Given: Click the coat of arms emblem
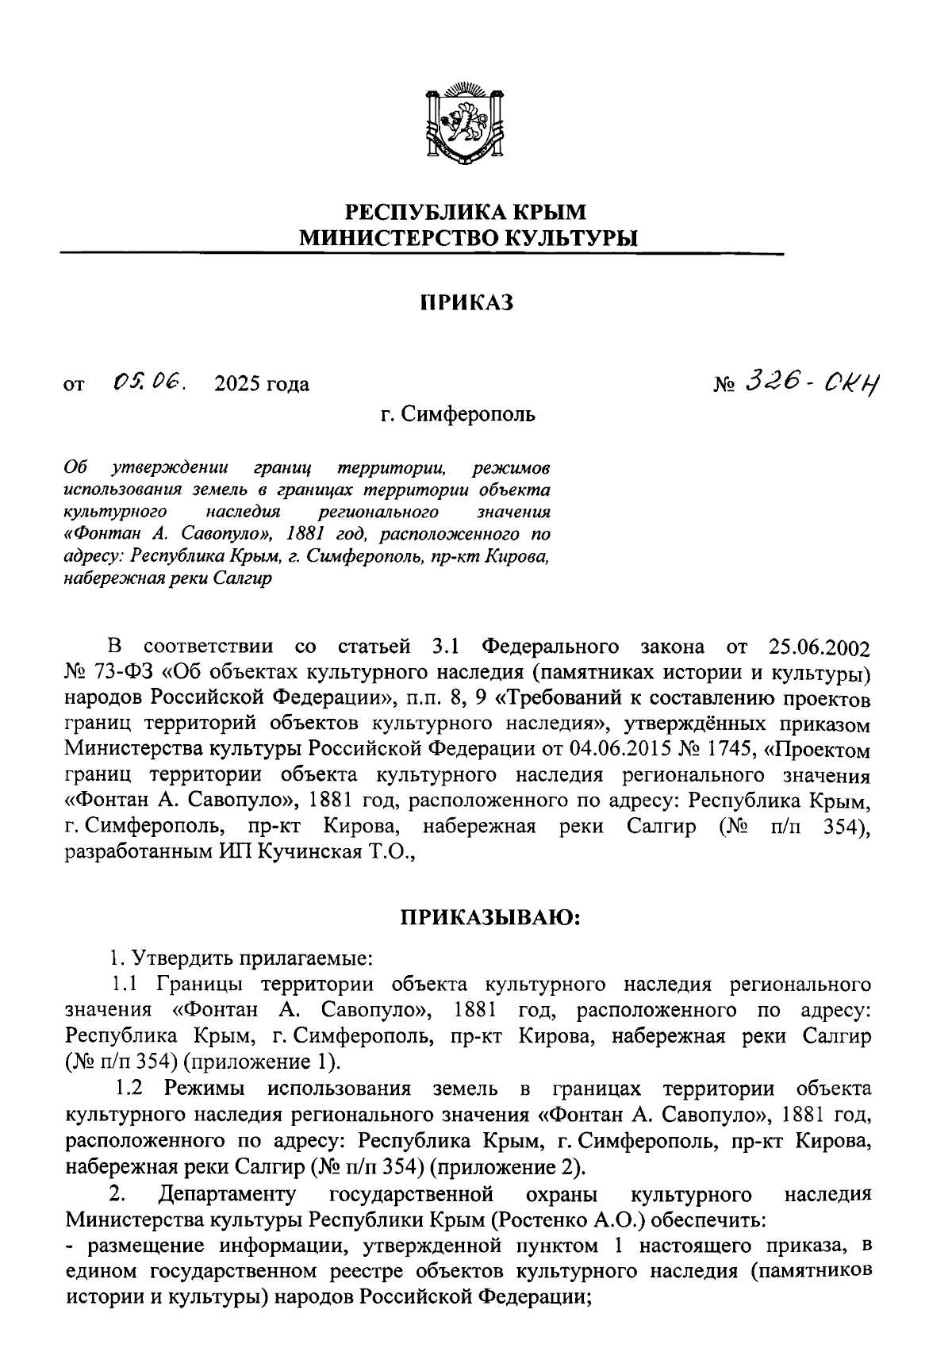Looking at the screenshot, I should pos(465,121).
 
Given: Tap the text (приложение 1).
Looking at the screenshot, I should pos(255,1062).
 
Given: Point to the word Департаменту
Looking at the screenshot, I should pos(227,1192).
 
